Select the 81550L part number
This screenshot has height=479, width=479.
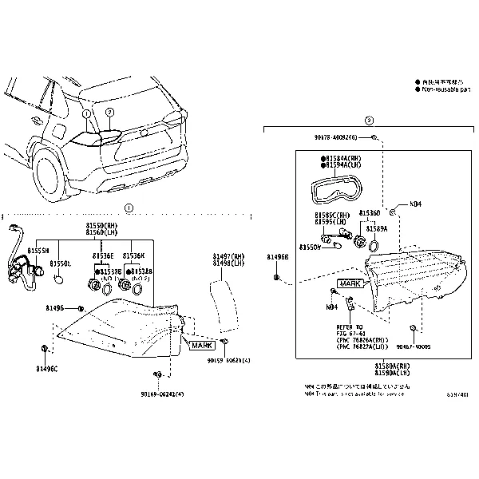point(61,263)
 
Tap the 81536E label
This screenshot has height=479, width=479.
point(103,255)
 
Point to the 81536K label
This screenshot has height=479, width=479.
point(133,255)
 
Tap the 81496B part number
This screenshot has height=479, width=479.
point(278,257)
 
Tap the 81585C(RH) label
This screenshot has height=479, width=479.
point(332,216)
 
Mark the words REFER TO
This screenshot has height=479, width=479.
point(348,327)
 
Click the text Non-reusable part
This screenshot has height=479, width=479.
point(443,89)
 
